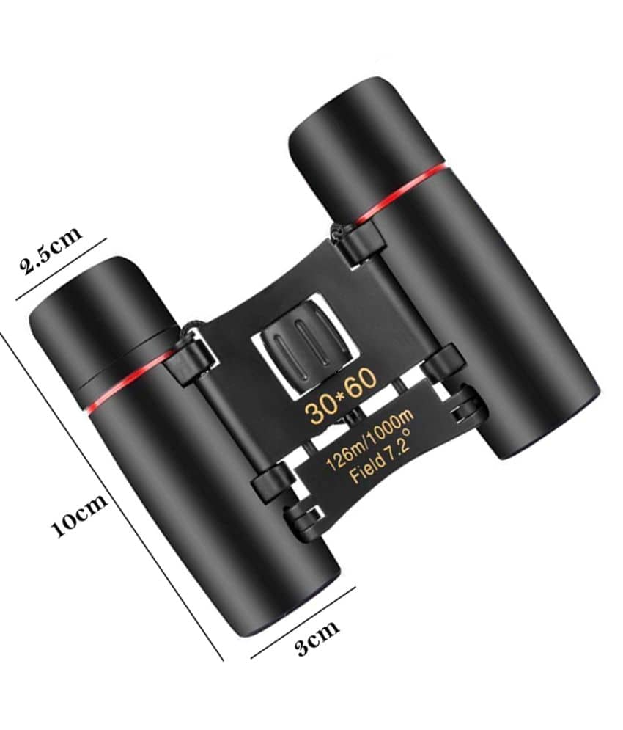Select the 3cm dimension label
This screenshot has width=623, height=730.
(318, 637)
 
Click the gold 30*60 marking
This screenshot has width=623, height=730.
(341, 394)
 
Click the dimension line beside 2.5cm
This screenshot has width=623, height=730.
(61, 269)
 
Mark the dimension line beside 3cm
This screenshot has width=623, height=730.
(303, 622)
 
